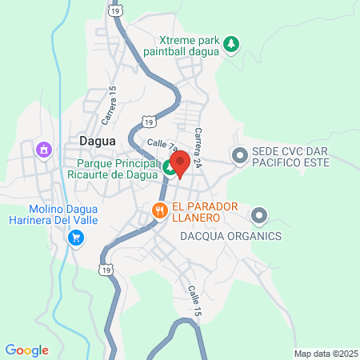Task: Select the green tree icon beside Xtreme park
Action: coord(231,43)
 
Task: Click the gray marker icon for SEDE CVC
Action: coord(238,156)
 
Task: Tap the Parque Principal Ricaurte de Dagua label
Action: coord(113,167)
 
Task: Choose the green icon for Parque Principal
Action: coord(170,168)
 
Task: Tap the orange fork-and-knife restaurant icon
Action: coord(159,211)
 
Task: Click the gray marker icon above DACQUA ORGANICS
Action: coord(258,215)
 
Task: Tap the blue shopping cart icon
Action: coord(76,238)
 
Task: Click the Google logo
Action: coord(27,350)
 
